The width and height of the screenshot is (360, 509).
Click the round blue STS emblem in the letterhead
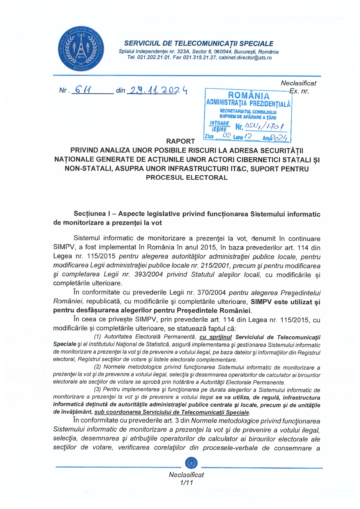pyautogui.click(x=81, y=49)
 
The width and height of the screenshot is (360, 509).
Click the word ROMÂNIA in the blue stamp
pyautogui.click(x=248, y=95)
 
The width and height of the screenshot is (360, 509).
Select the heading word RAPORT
pyautogui.click(x=180, y=141)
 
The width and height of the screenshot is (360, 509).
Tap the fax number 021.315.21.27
pyautogui.click(x=200, y=58)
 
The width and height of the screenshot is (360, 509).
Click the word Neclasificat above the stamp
pyautogui.click(x=298, y=83)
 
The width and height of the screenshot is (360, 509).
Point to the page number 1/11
pyautogui.click(x=186, y=483)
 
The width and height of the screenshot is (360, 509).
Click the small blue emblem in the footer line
pyautogui.click(x=191, y=463)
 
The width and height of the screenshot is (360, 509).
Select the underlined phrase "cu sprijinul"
pyautogui.click(x=216, y=337)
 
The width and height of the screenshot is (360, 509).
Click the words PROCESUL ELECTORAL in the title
pyautogui.click(x=187, y=177)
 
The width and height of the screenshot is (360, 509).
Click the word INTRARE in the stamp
pyautogui.click(x=219, y=123)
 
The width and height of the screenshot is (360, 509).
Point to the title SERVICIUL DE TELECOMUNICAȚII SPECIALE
pyautogui.click(x=199, y=44)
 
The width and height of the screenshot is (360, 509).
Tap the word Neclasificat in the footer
pyautogui.click(x=186, y=475)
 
